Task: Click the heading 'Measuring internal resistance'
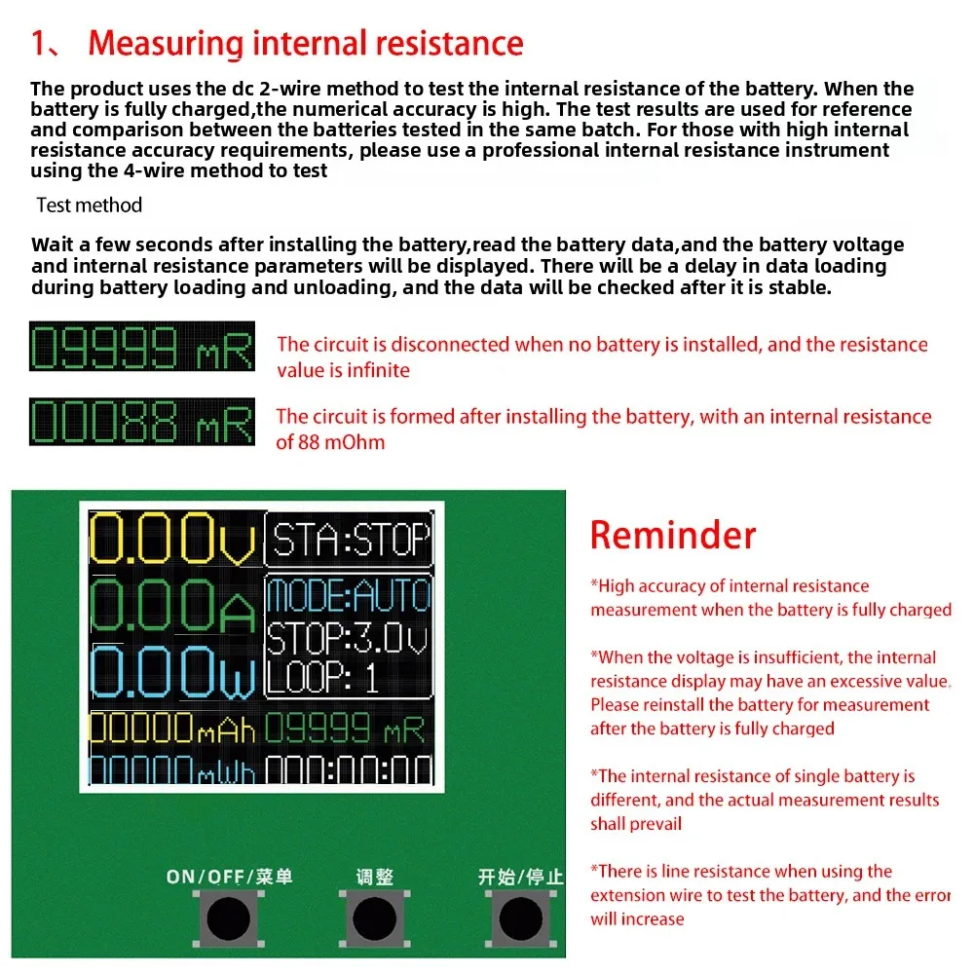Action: (305, 43)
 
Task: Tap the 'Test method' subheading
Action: (89, 206)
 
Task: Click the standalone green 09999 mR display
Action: (142, 347)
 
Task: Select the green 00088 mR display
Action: (142, 422)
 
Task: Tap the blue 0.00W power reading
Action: (174, 671)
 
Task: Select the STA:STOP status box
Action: (349, 539)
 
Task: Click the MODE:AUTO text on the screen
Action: (349, 594)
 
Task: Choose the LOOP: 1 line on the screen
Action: (323, 677)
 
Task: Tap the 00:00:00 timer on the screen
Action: (349, 770)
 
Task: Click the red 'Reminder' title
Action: (672, 536)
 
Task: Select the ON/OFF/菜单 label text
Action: (229, 877)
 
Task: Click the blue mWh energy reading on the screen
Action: (173, 770)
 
